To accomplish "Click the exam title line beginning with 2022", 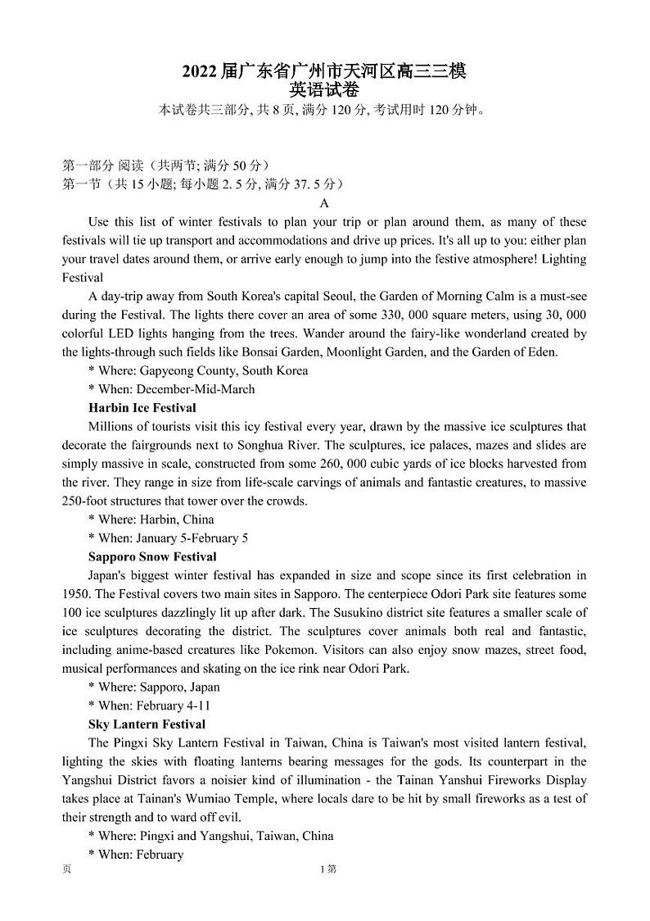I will point(324,71).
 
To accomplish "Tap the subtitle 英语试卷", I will point(324,90).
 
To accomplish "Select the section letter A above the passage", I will point(324,203).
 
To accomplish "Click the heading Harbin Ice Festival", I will point(142,407).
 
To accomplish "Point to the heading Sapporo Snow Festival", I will point(152,556).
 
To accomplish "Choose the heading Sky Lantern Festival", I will point(147,724).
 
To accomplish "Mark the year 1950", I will point(79,594).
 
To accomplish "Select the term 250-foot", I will point(86,501).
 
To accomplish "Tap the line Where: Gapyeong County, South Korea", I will point(198,370).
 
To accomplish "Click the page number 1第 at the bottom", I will point(328,869).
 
